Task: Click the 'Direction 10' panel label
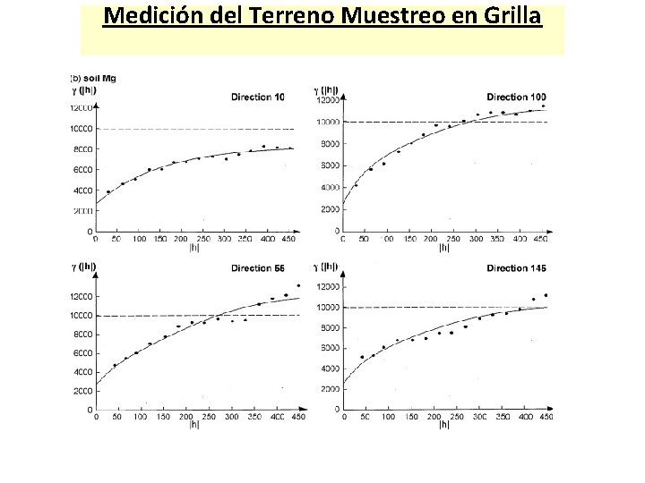(258, 97)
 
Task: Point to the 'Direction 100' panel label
(515, 96)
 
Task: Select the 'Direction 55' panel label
(257, 267)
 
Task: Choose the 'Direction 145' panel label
(516, 267)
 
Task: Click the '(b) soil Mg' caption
(93, 78)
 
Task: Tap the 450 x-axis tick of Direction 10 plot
(288, 240)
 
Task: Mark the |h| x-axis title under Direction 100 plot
(443, 250)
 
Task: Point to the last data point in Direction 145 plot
(546, 295)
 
